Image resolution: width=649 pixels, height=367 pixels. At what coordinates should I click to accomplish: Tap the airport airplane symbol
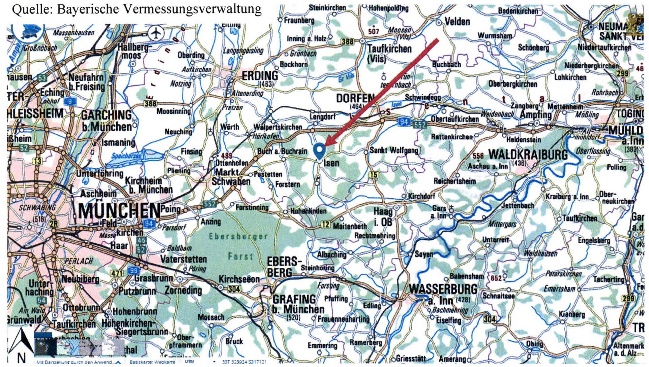(156, 33)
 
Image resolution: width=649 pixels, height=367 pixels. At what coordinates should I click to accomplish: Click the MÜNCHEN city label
(119, 210)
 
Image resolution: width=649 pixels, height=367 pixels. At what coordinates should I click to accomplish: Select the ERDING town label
(260, 75)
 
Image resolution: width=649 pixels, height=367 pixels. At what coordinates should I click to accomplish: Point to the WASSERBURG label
(443, 289)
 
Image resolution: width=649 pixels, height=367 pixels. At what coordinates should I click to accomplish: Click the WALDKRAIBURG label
(528, 155)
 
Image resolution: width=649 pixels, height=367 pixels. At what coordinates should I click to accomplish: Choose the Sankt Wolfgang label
(394, 150)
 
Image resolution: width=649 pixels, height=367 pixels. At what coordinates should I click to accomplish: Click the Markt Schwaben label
(231, 177)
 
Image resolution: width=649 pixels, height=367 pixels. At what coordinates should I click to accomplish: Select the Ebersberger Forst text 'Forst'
(240, 257)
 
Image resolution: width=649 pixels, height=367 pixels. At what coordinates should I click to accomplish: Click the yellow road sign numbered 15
(373, 174)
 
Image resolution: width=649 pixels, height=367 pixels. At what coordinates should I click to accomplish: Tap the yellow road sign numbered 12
(325, 224)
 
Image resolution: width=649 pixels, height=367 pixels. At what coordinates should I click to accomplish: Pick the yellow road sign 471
(117, 273)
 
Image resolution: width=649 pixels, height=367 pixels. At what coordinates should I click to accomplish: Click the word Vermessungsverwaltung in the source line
(193, 9)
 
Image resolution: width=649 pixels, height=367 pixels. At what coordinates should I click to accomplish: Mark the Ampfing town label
(535, 114)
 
